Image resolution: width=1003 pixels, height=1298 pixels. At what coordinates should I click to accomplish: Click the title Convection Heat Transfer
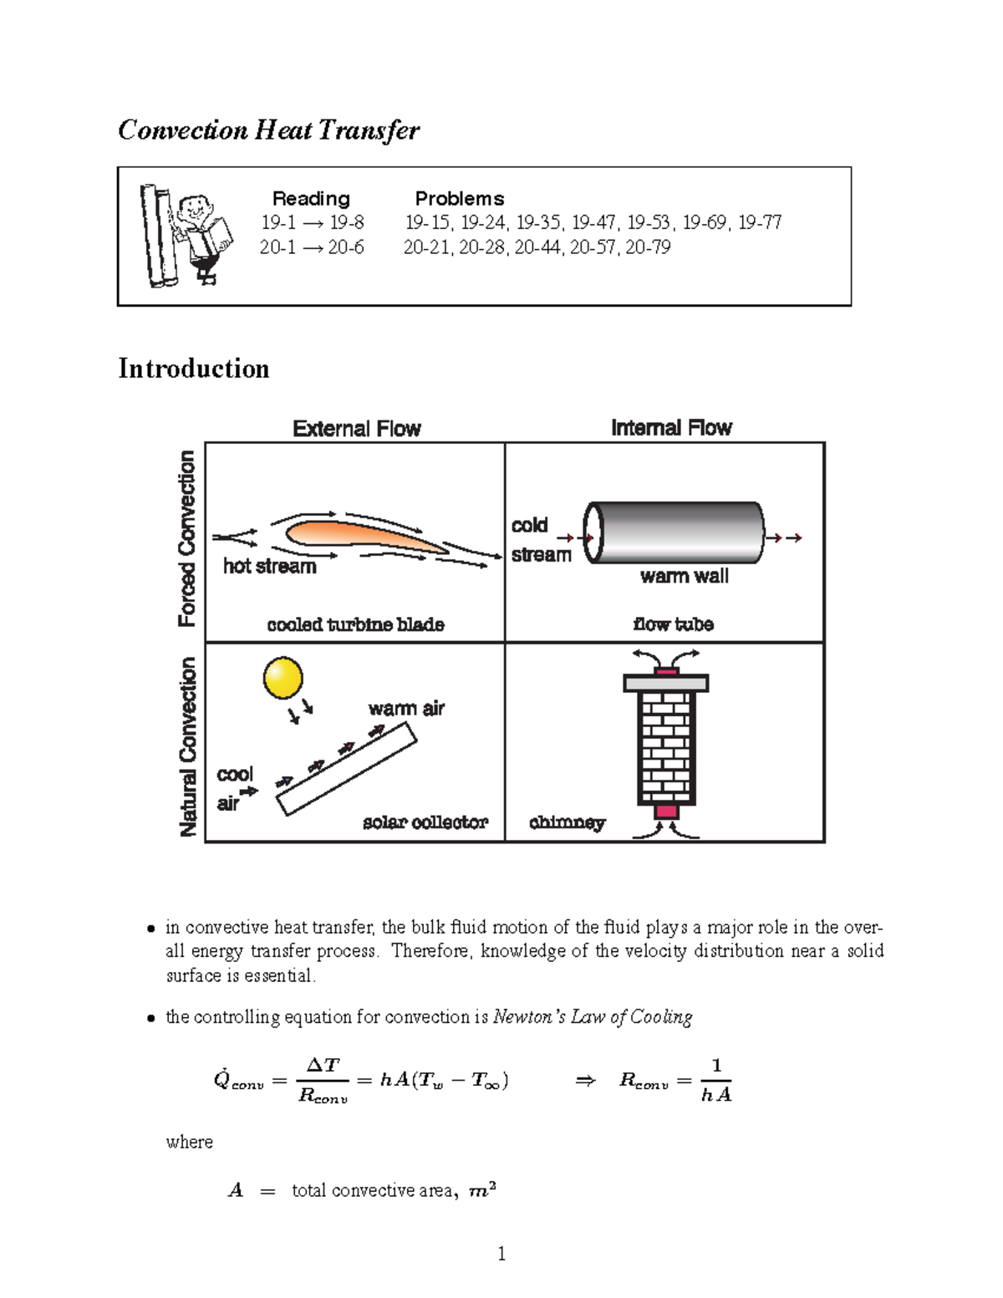point(268,130)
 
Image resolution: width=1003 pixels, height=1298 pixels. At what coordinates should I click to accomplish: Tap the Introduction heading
point(193,369)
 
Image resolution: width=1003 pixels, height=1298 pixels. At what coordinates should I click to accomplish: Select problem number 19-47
point(593,222)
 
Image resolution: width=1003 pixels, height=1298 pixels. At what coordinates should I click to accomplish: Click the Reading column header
point(311,199)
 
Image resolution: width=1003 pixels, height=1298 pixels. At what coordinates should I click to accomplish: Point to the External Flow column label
point(357,429)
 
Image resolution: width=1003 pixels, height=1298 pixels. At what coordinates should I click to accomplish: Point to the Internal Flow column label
point(671,428)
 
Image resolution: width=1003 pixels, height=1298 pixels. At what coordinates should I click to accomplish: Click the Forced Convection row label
point(186,538)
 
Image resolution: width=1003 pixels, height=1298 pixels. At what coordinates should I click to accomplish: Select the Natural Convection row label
point(188,746)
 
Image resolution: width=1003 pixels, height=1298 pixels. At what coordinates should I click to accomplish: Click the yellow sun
point(283,678)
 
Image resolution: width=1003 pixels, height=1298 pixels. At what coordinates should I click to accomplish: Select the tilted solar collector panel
point(347,768)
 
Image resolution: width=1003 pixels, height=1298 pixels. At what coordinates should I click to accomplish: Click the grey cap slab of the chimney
point(666,684)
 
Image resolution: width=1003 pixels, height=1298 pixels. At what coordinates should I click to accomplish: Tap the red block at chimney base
point(666,812)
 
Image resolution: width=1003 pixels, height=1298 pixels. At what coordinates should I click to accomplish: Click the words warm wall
point(684,577)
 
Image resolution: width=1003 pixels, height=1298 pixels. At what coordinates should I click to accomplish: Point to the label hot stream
point(269,567)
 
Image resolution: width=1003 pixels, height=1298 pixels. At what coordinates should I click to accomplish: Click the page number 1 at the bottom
point(501,1253)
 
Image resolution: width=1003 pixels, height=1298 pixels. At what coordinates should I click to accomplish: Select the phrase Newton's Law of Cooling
point(593,1017)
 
